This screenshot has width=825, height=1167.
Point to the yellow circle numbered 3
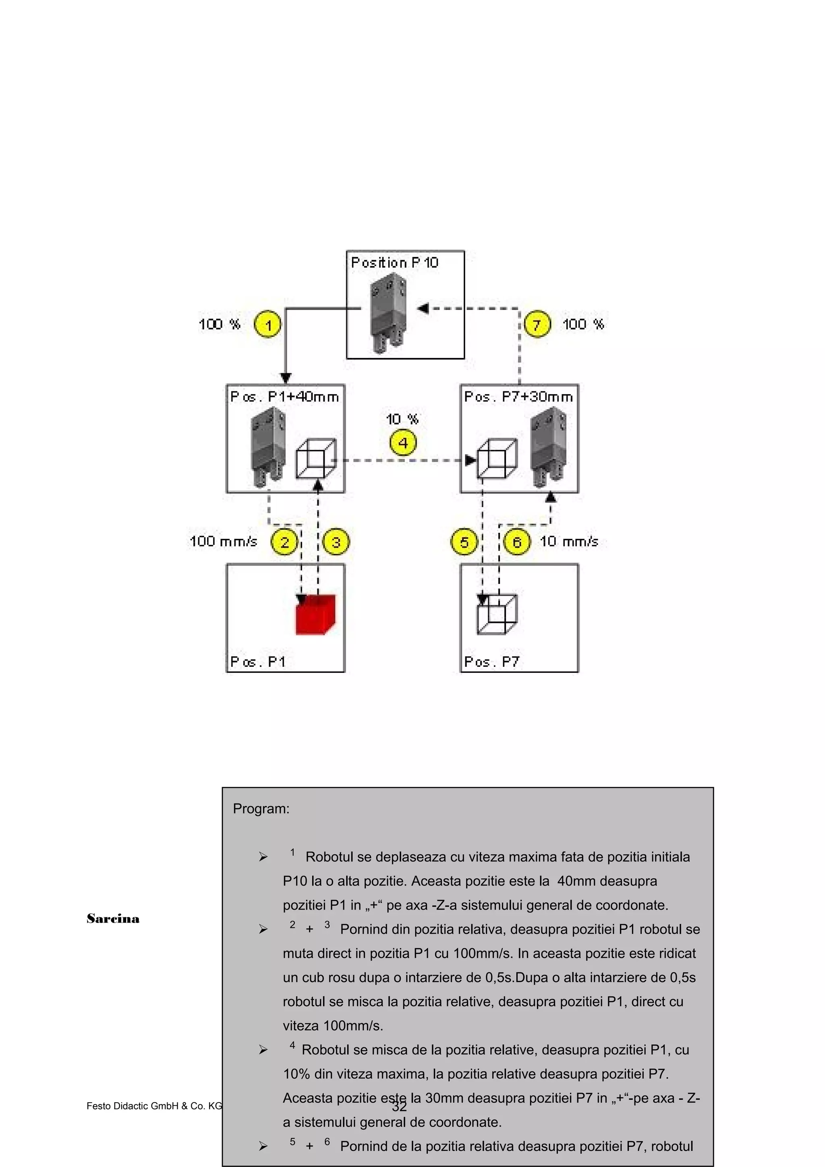(336, 542)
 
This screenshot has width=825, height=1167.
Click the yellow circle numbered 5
(464, 542)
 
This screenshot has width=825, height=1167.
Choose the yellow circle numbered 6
(517, 542)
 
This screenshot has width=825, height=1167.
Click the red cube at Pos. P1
(315, 615)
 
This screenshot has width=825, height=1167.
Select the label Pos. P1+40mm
(285, 397)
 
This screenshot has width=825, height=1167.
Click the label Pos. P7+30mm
(518, 397)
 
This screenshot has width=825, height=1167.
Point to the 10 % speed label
(402, 419)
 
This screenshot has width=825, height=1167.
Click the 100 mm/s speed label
(224, 541)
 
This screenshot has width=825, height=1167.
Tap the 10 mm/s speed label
(569, 541)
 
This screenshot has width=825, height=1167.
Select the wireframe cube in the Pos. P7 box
(497, 615)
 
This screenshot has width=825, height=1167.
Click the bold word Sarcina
(113, 919)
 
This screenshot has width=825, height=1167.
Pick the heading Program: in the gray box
(261, 809)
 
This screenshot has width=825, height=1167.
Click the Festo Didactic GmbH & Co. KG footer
(154, 1106)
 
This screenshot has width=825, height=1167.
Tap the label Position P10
(394, 263)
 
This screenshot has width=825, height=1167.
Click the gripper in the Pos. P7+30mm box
(547, 447)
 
